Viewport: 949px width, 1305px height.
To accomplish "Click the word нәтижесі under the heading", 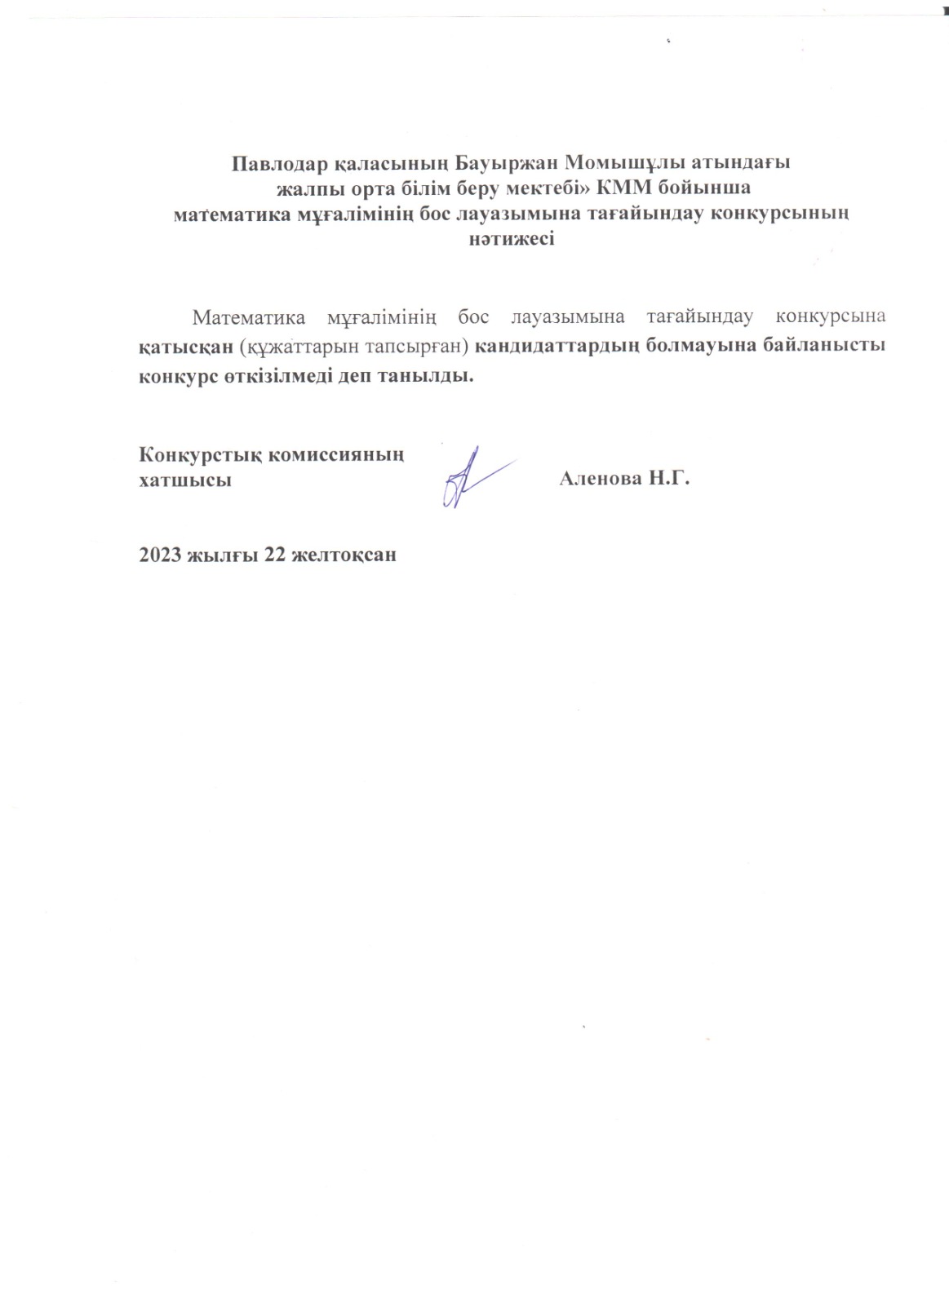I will pos(512,241).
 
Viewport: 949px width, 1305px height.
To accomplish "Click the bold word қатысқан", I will pos(185,346).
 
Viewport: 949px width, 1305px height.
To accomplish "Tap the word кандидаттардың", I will pos(557,346).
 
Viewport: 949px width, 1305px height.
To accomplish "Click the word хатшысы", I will pos(185,480).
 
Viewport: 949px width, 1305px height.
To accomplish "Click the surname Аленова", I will pos(601,480).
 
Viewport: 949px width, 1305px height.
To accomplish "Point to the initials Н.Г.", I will pos(670,480).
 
